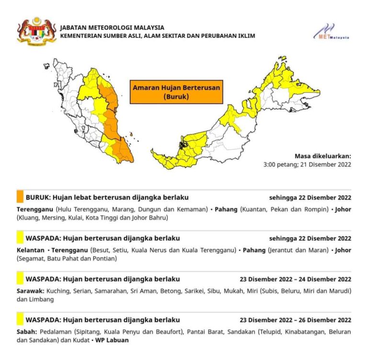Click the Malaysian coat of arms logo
click(36, 31)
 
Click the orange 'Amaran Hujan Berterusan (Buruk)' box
click(176, 92)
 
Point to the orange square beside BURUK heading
click(20, 197)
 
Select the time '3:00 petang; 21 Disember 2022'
click(307, 164)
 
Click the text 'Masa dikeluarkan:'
click(322, 156)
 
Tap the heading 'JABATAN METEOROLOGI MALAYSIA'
click(112, 27)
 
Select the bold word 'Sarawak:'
click(31, 291)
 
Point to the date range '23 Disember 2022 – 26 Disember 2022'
click(295, 320)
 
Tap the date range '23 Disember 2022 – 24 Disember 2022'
click(295, 279)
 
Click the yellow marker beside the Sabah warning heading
click(20, 319)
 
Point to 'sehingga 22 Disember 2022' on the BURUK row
click(310, 197)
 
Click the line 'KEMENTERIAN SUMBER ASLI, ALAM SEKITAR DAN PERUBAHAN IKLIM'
click(158, 36)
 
